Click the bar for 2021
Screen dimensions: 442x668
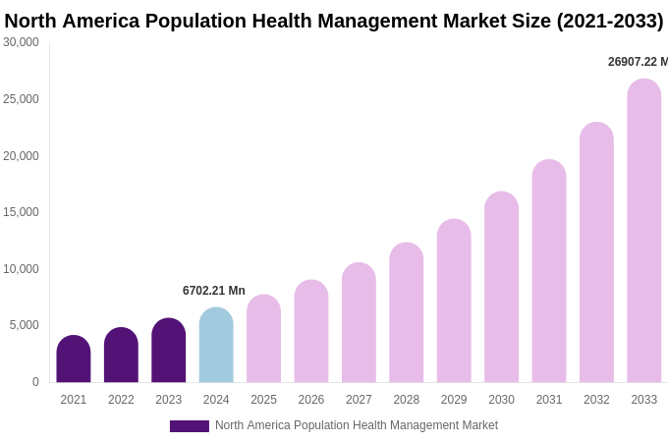(x=74, y=359)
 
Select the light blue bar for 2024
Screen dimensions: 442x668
(x=216, y=346)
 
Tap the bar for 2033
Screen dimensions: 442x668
(x=644, y=232)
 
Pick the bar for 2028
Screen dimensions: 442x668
(x=407, y=313)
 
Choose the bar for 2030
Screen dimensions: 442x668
(x=501, y=288)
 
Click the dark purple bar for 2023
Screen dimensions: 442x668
(x=169, y=351)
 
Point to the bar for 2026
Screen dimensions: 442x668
(x=311, y=332)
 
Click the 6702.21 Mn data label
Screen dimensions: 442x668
(x=214, y=291)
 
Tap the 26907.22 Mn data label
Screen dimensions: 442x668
(x=638, y=62)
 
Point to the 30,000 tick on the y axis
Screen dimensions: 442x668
(x=22, y=42)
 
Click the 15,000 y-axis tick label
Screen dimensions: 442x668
(x=22, y=212)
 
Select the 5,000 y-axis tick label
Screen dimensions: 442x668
(x=25, y=325)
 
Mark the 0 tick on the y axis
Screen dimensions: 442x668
(x=35, y=382)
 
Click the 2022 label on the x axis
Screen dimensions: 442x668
(x=121, y=400)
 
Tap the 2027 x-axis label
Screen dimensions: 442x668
(x=359, y=400)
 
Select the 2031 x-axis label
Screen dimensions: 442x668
(x=549, y=400)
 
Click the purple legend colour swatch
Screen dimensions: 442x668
(x=190, y=426)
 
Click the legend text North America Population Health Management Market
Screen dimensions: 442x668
(x=357, y=425)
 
